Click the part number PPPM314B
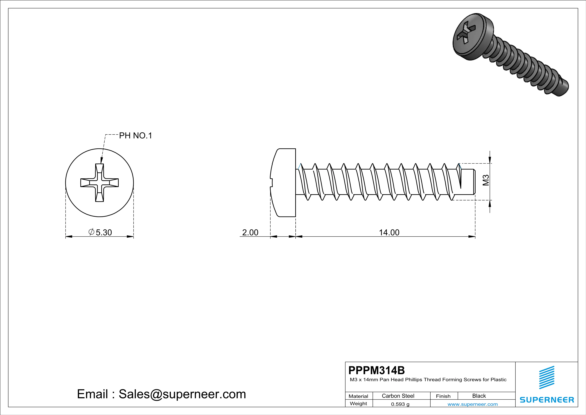376,370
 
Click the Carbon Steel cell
398,396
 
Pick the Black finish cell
479,396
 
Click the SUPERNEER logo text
547,400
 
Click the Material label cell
358,396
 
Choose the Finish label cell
443,396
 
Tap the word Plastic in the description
498,380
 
